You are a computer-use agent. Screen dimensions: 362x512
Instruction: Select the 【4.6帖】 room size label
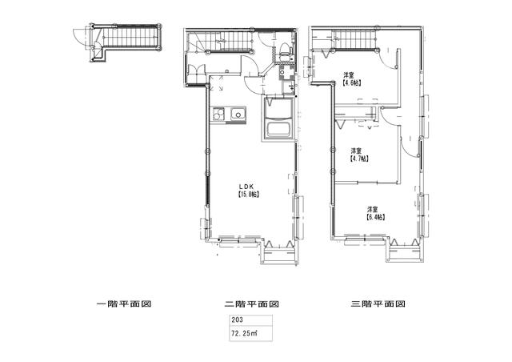[x=351, y=82]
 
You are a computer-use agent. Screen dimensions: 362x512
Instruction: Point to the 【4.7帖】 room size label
[x=359, y=159]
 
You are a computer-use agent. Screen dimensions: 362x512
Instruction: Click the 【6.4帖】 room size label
[x=375, y=216]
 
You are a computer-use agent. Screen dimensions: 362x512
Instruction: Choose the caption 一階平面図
[x=123, y=304]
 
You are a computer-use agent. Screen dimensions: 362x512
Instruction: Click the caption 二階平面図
[x=251, y=304]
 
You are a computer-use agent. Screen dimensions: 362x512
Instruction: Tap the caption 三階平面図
[x=378, y=304]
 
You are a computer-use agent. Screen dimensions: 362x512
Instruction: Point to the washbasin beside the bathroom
[x=286, y=75]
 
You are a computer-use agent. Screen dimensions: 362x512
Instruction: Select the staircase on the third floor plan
[x=350, y=37]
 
